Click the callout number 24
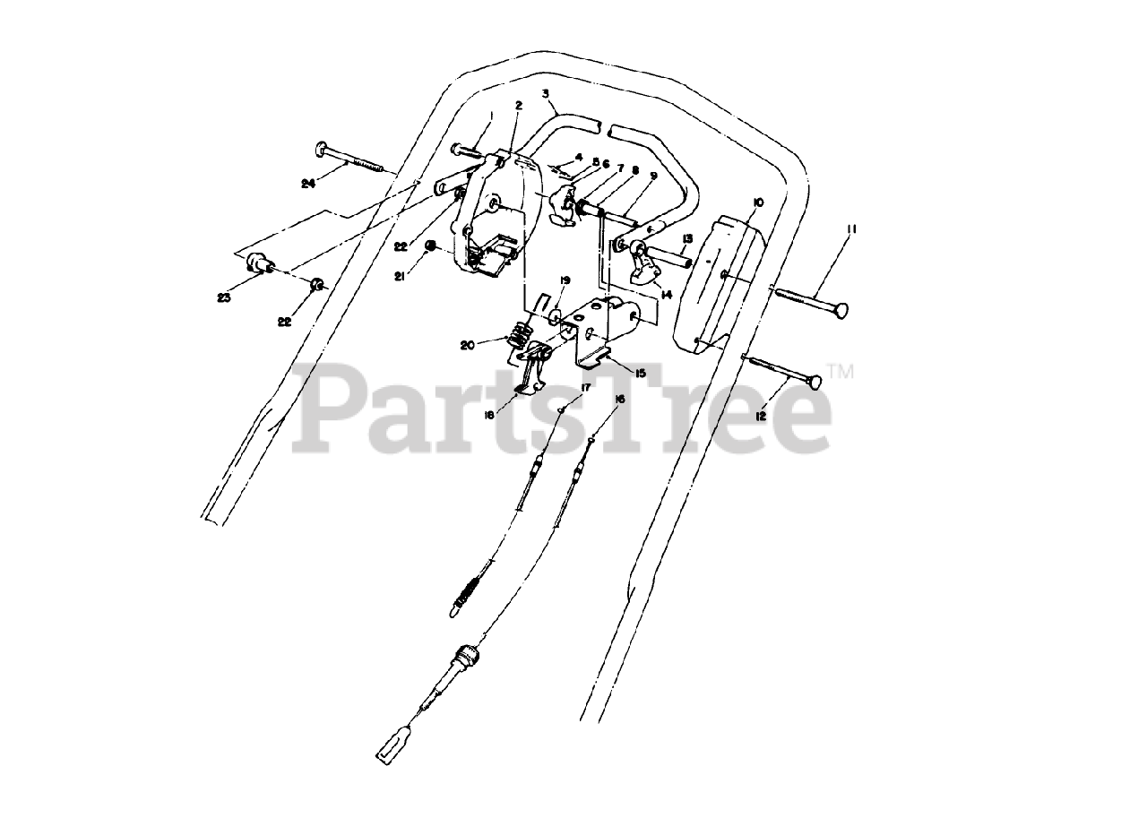[x=309, y=183]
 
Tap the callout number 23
[x=223, y=297]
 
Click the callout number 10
[x=757, y=203]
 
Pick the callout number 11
[x=851, y=229]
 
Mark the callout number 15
[x=640, y=371]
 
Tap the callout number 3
[x=545, y=93]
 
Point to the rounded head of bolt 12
[x=814, y=383]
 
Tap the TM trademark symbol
[x=841, y=370]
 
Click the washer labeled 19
[x=556, y=315]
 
